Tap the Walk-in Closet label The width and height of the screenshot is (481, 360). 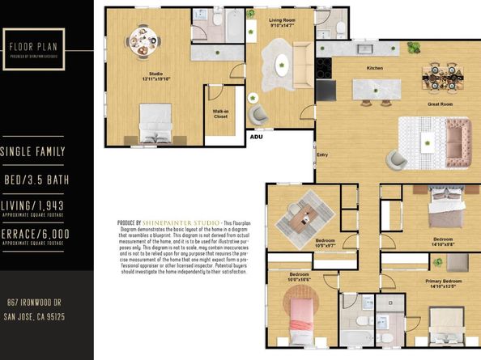[220, 115]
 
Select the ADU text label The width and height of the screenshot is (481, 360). [256, 137]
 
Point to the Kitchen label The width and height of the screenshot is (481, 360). [375, 68]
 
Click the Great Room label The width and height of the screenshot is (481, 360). [439, 104]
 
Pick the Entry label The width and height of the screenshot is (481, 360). [322, 154]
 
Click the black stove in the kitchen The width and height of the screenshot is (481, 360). [326, 87]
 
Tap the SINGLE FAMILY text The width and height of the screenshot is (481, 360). [33, 152]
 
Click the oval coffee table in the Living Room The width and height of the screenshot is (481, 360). [283, 64]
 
